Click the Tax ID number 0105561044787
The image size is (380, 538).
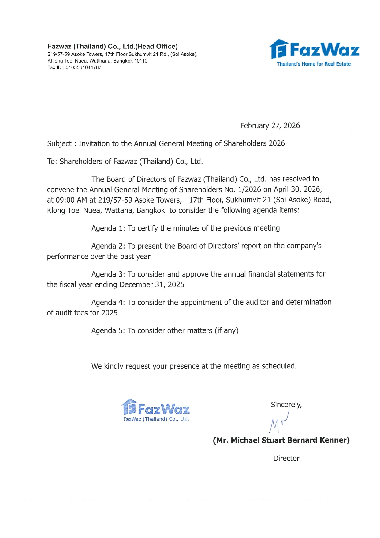(83, 67)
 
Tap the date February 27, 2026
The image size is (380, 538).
(270, 126)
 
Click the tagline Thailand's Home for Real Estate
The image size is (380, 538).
(314, 64)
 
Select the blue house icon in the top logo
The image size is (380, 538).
(278, 49)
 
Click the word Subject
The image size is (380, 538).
(59, 144)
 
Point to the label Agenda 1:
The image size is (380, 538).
(108, 228)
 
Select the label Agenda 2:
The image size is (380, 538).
(108, 246)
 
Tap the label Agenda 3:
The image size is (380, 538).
(108, 274)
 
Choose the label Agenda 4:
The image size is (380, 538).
(108, 303)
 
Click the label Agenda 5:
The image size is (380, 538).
(108, 331)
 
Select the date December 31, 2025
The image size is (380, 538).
(152, 285)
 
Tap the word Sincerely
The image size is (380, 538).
(286, 405)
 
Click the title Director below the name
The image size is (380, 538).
(286, 459)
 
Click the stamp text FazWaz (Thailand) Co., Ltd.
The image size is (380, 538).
(156, 419)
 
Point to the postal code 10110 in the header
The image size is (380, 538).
(141, 61)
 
